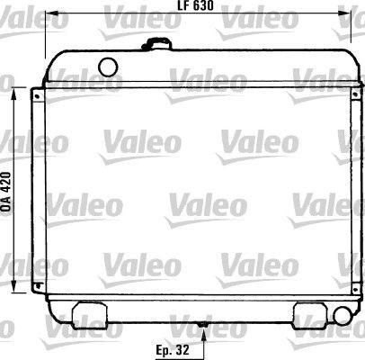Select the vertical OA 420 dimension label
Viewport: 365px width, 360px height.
tap(6, 191)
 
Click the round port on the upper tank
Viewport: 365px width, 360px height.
tap(108, 66)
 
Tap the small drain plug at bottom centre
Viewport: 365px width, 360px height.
tap(205, 325)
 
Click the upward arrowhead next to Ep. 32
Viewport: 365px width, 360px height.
tap(205, 334)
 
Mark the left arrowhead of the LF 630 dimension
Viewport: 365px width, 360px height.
tap(50, 14)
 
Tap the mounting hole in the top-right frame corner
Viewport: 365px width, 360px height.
tap(357, 94)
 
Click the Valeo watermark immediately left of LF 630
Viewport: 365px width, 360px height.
tap(135, 13)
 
